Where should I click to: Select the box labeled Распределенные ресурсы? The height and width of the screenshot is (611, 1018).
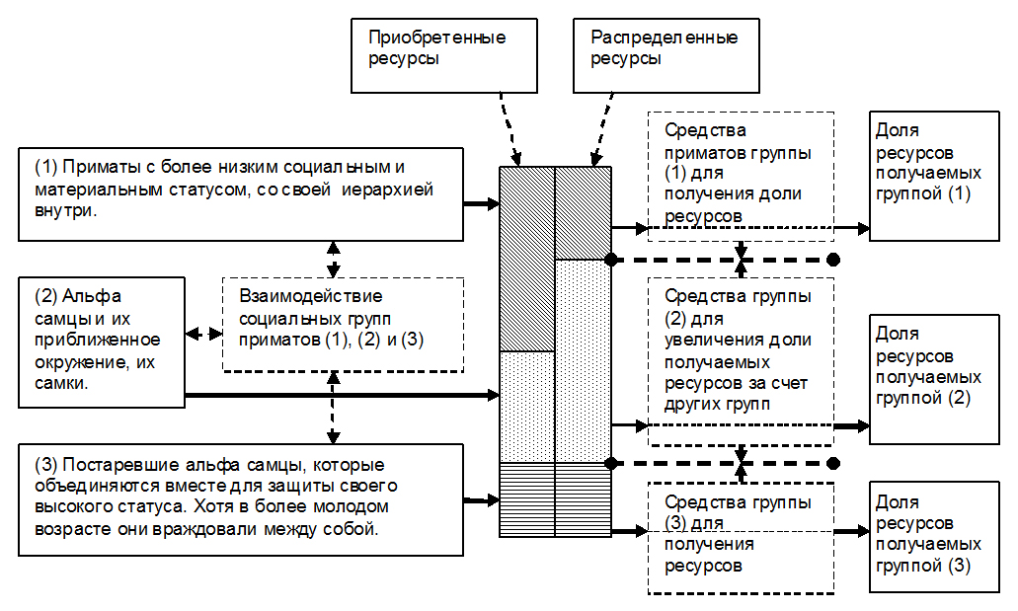tap(663, 53)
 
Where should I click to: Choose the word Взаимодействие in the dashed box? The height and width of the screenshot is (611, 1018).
tap(311, 296)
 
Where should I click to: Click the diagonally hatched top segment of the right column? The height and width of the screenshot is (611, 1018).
tap(584, 213)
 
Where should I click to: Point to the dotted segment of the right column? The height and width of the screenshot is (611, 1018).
tap(584, 360)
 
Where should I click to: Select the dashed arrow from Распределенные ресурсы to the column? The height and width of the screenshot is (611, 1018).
tap(599, 128)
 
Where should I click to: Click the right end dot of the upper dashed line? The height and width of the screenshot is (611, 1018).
tap(833, 260)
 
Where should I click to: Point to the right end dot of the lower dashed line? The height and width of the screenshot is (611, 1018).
tap(833, 463)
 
